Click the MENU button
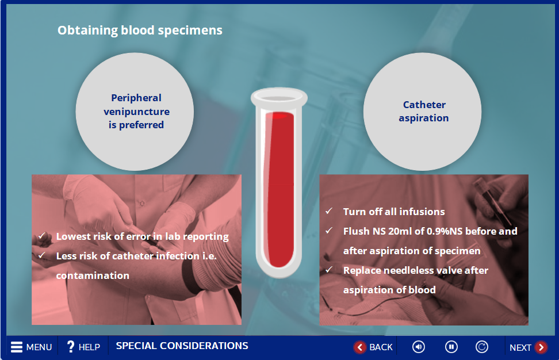(31, 347)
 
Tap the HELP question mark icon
(71, 346)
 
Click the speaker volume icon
(419, 347)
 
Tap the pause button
(451, 347)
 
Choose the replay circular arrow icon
(481, 347)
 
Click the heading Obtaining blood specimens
(140, 30)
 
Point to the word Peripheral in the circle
(136, 98)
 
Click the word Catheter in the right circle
(424, 105)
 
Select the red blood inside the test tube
(280, 189)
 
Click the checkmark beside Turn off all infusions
(329, 211)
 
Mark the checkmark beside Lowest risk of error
(42, 236)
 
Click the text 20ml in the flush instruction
(400, 231)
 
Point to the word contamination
(93, 275)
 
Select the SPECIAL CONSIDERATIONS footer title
(182, 346)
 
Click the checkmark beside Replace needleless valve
(329, 270)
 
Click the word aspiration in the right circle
(423, 118)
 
